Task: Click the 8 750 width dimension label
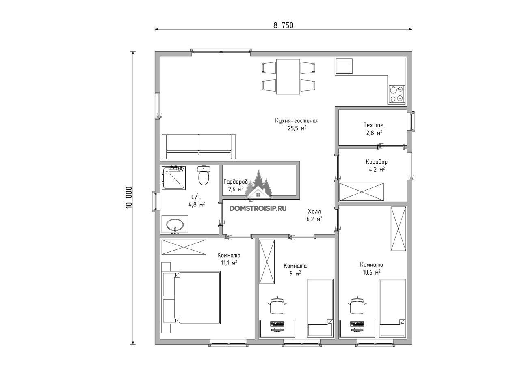(x=283, y=25)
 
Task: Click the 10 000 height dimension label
(x=129, y=197)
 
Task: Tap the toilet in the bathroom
(x=204, y=175)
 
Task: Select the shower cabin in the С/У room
(x=173, y=178)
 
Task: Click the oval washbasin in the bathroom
(x=175, y=224)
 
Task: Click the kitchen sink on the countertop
(x=344, y=67)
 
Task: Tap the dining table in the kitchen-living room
(x=288, y=77)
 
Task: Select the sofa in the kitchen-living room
(x=199, y=147)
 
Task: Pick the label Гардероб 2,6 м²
(x=236, y=186)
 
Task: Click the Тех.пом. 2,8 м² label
(x=373, y=129)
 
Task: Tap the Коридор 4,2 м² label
(x=377, y=165)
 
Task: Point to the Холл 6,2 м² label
(x=314, y=215)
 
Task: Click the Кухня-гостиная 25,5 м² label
(x=297, y=124)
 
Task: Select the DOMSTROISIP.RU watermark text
(x=258, y=208)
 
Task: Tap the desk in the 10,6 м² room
(x=357, y=328)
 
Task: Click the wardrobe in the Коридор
(x=362, y=192)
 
